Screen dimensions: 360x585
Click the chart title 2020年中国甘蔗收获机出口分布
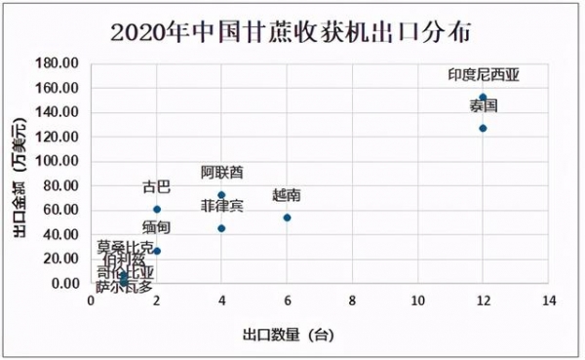coord(292,32)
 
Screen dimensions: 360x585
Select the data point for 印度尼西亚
coord(483,98)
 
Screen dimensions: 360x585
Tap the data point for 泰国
coord(483,128)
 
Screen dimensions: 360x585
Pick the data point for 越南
coord(287,218)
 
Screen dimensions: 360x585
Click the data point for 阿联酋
coord(221,195)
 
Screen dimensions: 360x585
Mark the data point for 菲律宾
coord(221,228)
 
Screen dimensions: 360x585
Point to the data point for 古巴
coord(157,210)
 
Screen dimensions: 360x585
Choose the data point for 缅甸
coord(157,251)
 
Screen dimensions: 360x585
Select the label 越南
coord(287,195)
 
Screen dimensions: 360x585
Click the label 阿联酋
coord(222,173)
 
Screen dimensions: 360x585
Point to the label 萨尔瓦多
coord(124,287)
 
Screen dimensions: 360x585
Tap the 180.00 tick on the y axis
coord(59,63)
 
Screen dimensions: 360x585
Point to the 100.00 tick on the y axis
coord(59,161)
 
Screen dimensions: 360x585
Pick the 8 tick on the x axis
coord(352,301)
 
